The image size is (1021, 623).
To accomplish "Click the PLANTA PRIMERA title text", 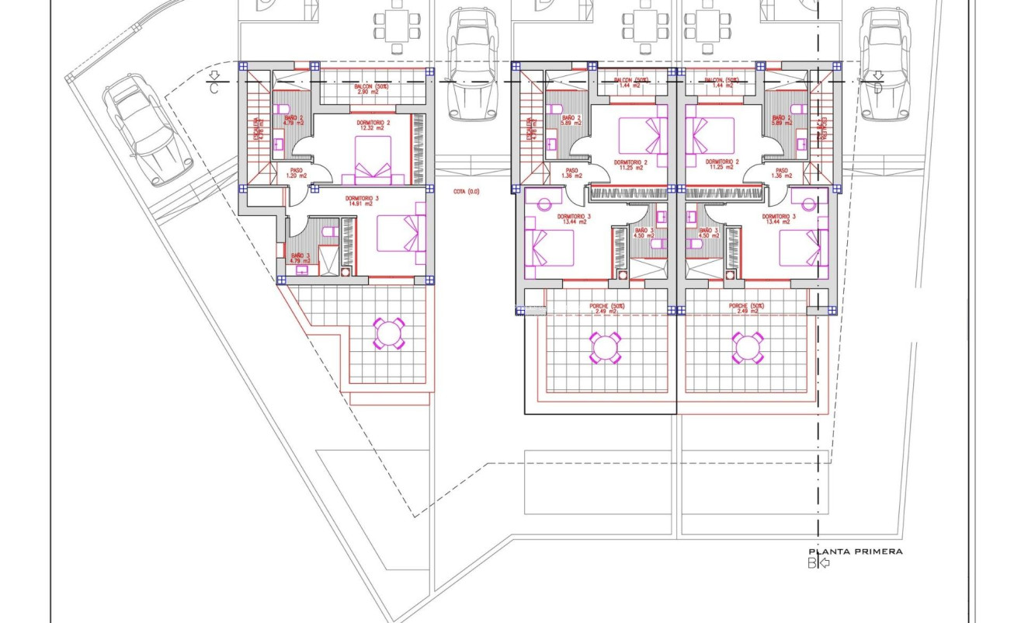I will (856, 551).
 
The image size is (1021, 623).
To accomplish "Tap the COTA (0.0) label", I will (466, 191).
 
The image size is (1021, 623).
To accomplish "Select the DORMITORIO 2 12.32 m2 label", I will (373, 125).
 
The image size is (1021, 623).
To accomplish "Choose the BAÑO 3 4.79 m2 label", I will (300, 258).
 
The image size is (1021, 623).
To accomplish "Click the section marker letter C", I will (214, 89).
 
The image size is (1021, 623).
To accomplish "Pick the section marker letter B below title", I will (812, 563).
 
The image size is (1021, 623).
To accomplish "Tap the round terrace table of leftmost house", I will (387, 333).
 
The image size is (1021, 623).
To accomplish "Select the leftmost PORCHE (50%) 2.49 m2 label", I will (607, 308).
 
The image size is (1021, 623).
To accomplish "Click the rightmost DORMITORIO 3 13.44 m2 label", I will (779, 219).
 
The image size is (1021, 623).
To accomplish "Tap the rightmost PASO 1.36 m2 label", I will (782, 173).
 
